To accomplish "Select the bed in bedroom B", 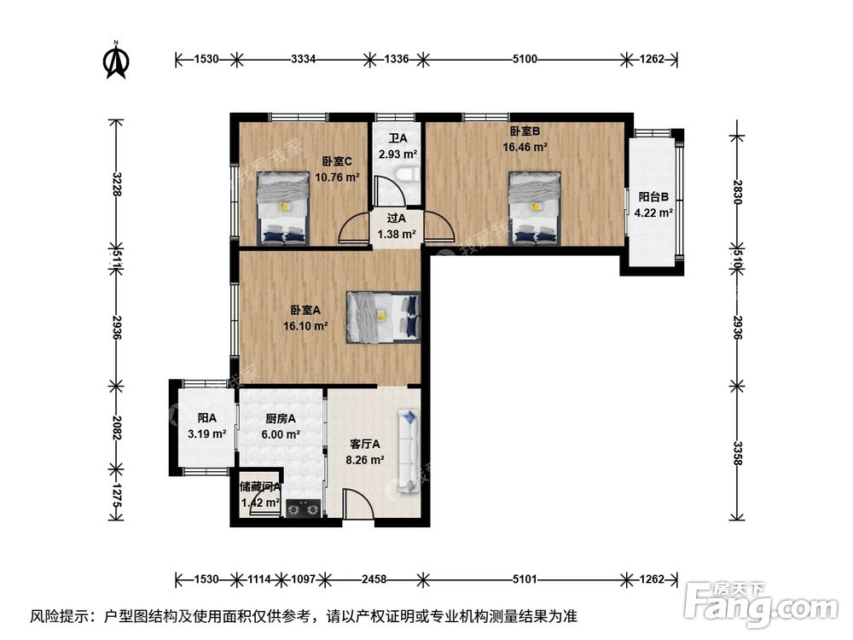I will (x=535, y=208).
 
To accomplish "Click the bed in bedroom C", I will (x=283, y=208).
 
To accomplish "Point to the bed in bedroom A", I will (x=383, y=317).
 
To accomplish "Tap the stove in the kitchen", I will (x=303, y=510).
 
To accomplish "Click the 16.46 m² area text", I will (x=525, y=147).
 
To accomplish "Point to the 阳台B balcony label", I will (x=653, y=196).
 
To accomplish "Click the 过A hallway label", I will (x=397, y=218).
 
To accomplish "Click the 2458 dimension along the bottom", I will (x=374, y=579).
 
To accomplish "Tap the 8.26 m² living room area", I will (x=367, y=459).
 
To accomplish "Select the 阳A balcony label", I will (x=206, y=418).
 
